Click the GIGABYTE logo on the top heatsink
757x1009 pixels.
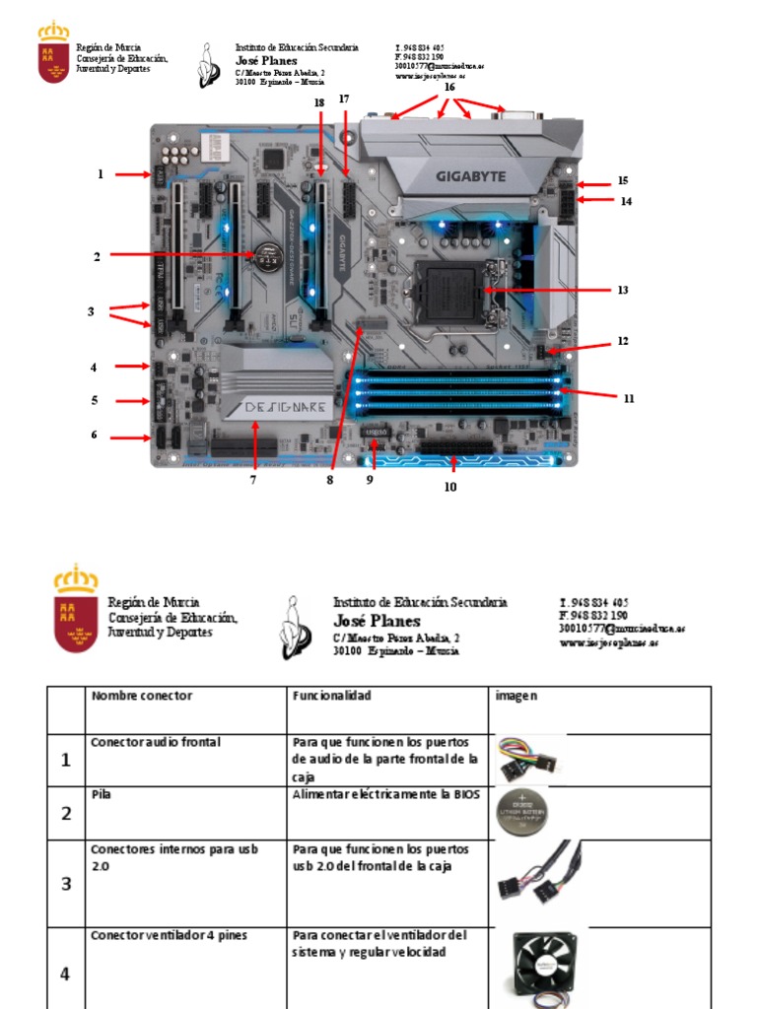pos(470,177)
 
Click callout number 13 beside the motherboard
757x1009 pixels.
pos(623,291)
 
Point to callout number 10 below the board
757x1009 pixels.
pos(450,486)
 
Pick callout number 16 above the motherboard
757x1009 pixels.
pos(449,88)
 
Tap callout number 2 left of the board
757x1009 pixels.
pos(97,257)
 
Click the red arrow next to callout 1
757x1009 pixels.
pos(131,175)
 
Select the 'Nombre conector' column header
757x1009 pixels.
pos(142,696)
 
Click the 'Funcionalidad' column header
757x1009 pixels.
pos(331,696)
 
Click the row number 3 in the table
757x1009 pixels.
pos(66,884)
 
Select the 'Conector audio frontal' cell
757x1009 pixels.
pos(156,742)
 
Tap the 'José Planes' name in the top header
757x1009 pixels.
pos(266,61)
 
